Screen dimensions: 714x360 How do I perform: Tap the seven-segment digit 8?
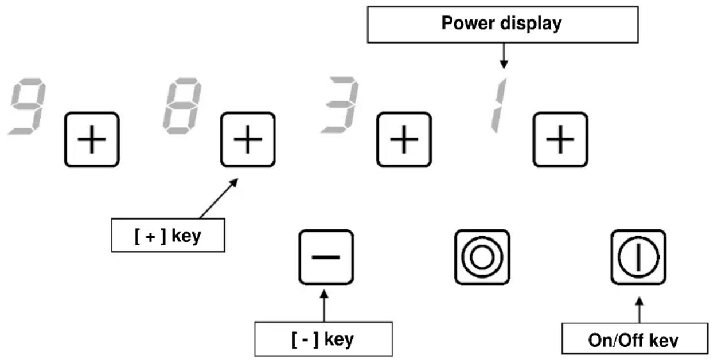(182, 106)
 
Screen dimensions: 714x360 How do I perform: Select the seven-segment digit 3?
(340, 105)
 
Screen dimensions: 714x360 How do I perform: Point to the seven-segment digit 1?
(498, 105)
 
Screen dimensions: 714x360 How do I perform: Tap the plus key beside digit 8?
(248, 139)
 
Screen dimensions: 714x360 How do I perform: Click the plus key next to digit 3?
(404, 139)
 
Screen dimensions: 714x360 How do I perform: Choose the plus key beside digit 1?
(560, 139)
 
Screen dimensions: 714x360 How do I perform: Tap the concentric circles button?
(482, 257)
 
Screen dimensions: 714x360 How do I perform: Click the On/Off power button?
(638, 257)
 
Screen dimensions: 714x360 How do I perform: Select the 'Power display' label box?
(503, 25)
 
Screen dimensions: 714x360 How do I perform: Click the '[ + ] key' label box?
(168, 235)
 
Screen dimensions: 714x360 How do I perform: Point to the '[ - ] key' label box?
(323, 339)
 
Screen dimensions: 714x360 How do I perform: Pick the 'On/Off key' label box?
(635, 338)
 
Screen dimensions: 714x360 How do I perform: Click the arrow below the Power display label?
(504, 56)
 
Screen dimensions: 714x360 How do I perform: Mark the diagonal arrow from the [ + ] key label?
(219, 198)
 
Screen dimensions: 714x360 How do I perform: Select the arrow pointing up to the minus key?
(324, 306)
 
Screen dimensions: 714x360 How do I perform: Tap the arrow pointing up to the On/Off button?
(639, 310)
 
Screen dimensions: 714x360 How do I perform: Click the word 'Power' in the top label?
(468, 23)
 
